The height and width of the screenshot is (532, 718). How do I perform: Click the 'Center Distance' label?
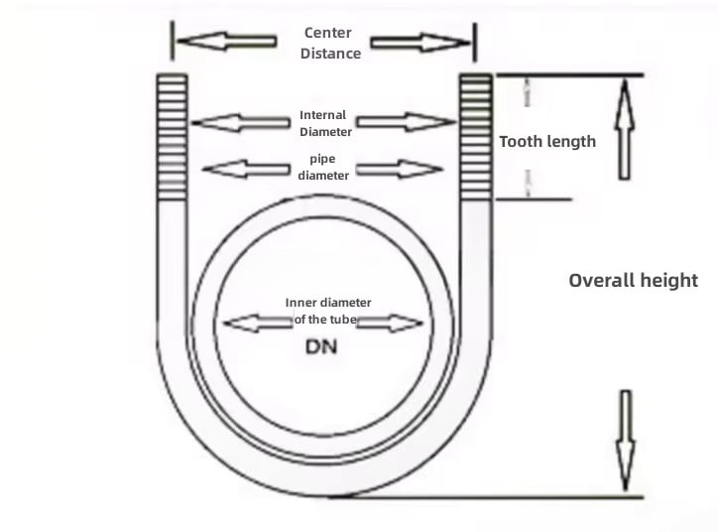(330, 43)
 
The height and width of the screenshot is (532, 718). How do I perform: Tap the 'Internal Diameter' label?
(325, 123)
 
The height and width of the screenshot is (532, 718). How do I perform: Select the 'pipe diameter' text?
(323, 167)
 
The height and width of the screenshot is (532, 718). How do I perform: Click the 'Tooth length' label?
(547, 142)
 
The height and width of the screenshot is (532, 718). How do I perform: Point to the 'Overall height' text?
(634, 281)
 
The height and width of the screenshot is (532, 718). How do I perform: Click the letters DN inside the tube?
(321, 346)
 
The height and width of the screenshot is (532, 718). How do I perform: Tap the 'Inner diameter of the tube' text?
(328, 311)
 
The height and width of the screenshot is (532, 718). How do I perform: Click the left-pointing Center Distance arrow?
(227, 42)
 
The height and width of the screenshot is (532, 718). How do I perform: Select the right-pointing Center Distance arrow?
(420, 43)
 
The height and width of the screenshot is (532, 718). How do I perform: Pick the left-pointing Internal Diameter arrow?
(241, 122)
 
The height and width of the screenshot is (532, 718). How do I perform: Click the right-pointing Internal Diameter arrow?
(407, 122)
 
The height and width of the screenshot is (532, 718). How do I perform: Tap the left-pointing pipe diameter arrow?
(246, 169)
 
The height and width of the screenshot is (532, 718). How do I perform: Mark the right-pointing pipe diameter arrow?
(400, 169)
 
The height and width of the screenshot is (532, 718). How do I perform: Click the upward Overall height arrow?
(624, 129)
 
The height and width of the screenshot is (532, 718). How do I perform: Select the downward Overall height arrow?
(626, 441)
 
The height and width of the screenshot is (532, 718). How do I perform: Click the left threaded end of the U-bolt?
(173, 137)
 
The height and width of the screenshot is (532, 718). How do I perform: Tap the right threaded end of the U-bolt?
(476, 137)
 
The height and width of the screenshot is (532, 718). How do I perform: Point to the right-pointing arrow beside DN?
(390, 323)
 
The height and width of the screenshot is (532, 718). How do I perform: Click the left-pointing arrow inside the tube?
(258, 323)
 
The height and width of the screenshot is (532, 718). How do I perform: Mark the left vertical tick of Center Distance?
(173, 41)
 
